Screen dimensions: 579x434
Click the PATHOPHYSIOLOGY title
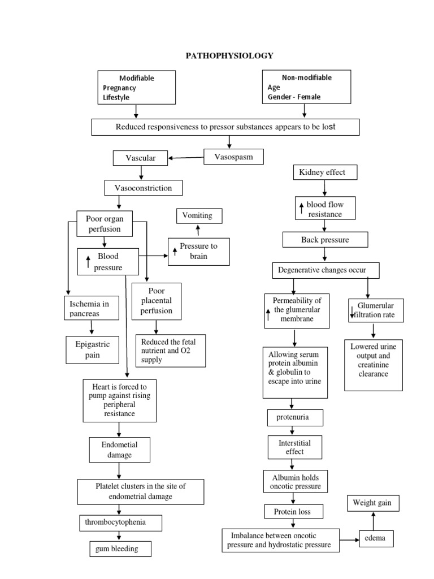[229, 55]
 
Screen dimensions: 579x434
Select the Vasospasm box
[232, 156]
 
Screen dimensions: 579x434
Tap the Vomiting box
[198, 216]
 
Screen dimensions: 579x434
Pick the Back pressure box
[325, 240]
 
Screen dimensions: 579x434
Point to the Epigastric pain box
[93, 349]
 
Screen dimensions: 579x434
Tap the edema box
[375, 538]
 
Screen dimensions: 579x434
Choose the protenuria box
[296, 418]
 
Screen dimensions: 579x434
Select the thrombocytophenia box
[120, 522]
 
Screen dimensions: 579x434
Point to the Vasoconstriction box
[144, 187]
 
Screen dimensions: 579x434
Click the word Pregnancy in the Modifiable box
[119, 88]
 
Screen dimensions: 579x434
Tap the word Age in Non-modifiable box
[274, 88]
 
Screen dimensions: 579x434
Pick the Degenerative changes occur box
[325, 270]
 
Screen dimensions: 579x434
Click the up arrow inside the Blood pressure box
[88, 261]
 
